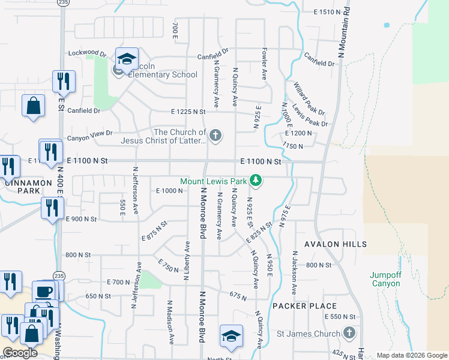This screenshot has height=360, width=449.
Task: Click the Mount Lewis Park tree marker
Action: pyautogui.click(x=256, y=180)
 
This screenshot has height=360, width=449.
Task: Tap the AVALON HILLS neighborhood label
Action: pyautogui.click(x=336, y=244)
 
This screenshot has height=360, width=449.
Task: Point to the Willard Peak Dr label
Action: pyautogui.click(x=309, y=99)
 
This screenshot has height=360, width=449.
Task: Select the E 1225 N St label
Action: pyautogui.click(x=188, y=112)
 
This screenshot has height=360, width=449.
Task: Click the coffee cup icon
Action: pyautogui.click(x=44, y=292)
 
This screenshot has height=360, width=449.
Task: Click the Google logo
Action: pyautogui.click(x=20, y=353)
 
